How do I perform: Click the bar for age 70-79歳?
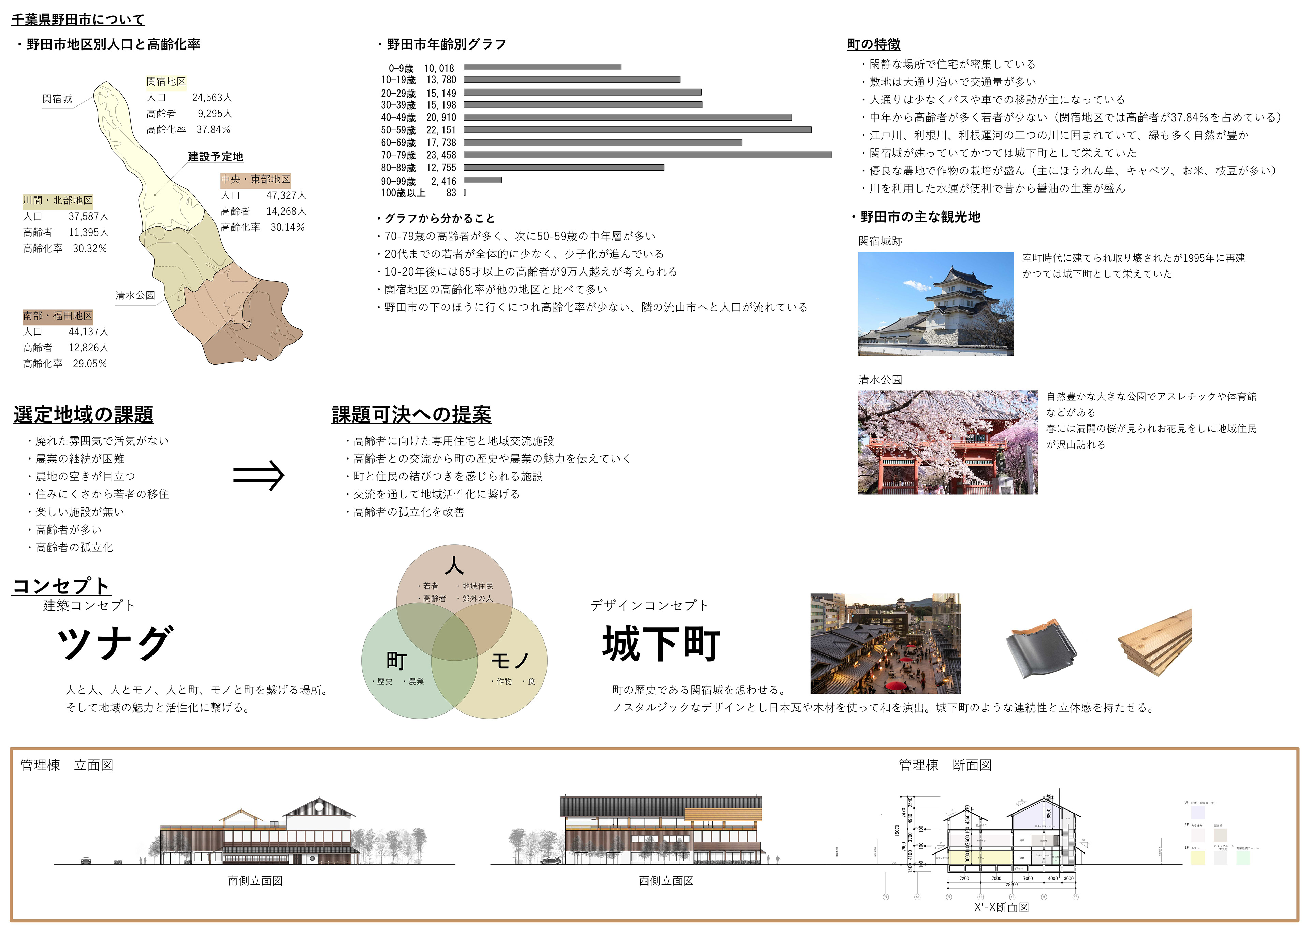tap(647, 155)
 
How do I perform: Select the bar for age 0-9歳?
tap(542, 67)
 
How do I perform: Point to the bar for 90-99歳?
tap(482, 180)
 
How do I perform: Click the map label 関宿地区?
tap(166, 82)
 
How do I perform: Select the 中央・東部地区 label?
tap(256, 180)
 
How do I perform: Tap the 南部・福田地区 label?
tap(57, 316)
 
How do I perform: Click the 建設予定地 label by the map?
tap(215, 156)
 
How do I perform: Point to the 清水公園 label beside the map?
tap(135, 295)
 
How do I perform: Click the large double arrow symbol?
tap(258, 475)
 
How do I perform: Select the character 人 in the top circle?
tap(454, 566)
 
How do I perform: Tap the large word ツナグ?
tap(115, 643)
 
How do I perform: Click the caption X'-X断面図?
tap(1001, 907)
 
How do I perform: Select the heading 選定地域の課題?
tap(84, 414)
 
